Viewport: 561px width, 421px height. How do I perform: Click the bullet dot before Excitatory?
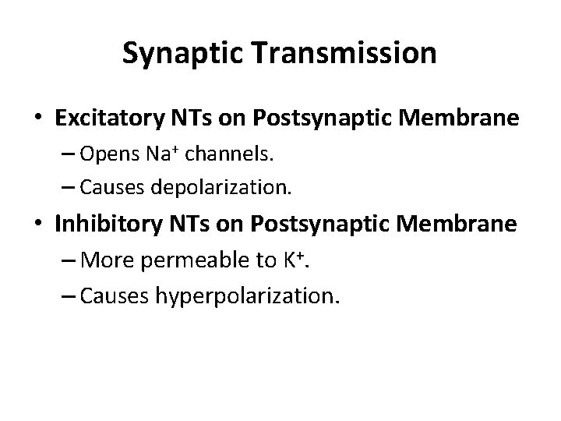tap(38, 119)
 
